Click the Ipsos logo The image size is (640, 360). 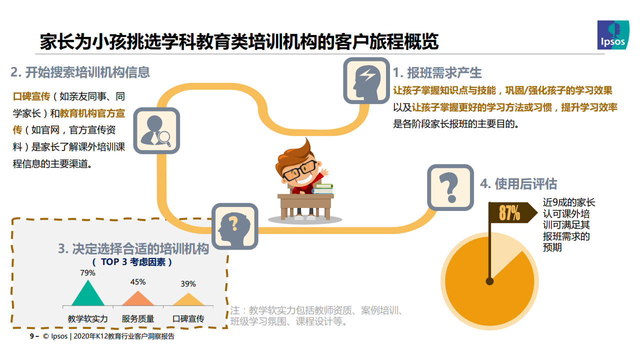[613, 35]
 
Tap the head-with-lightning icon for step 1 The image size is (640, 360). [366, 80]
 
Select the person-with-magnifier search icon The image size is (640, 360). [156, 130]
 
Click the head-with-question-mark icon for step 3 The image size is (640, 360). [235, 226]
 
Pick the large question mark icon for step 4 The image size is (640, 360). [450, 187]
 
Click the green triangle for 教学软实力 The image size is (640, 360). [88, 293]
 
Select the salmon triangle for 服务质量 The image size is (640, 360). [138, 298]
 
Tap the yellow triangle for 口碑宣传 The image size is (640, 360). [188, 299]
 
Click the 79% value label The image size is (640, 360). [87, 273]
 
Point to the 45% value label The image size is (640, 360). [138, 282]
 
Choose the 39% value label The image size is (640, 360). [188, 283]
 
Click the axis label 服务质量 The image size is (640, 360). [138, 318]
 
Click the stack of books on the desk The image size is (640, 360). [323, 189]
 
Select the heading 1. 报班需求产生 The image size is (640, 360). [437, 72]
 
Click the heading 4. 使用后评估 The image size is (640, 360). [518, 183]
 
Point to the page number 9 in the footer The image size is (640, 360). [32, 336]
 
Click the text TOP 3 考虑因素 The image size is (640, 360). [133, 262]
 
